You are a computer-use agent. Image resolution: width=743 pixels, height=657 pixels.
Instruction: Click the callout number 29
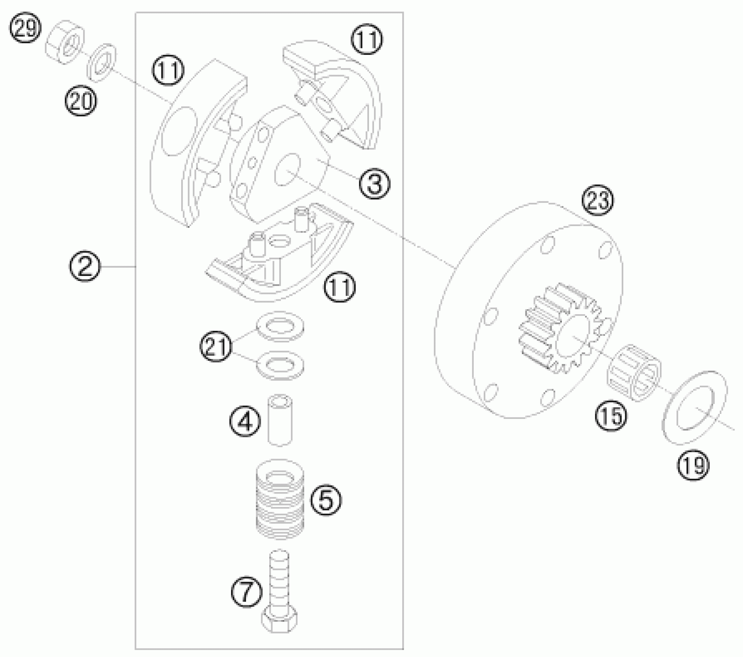point(26,29)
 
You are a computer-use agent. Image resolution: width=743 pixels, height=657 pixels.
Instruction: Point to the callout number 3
point(374,183)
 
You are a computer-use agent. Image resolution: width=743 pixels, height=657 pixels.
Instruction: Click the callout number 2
point(85,267)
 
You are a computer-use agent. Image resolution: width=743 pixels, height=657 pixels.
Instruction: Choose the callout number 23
point(597,200)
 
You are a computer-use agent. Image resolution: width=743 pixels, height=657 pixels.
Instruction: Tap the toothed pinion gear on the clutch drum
point(560,328)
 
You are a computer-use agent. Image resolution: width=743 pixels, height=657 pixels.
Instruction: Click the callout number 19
point(693,465)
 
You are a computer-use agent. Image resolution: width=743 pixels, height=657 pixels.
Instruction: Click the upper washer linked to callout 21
point(280,326)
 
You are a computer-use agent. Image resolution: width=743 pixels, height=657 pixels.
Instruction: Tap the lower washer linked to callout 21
point(280,365)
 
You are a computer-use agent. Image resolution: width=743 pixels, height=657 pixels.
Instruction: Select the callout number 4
point(245,422)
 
